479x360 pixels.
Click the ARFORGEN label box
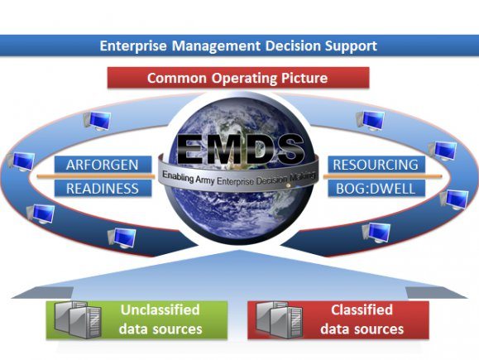pyautogui.click(x=103, y=165)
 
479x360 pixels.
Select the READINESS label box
pyautogui.click(x=103, y=188)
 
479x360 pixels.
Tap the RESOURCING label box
pyautogui.click(x=376, y=165)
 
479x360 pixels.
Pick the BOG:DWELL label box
pyautogui.click(x=376, y=188)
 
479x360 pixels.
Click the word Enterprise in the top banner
pyautogui.click(x=133, y=46)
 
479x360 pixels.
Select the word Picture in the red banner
pyautogui.click(x=304, y=78)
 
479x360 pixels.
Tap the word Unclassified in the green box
pyautogui.click(x=160, y=310)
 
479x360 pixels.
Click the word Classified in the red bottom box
pyautogui.click(x=362, y=310)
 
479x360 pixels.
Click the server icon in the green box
pyautogui.click(x=78, y=319)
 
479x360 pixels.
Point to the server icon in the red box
pyautogui.click(x=280, y=319)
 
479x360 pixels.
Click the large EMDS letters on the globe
pyautogui.click(x=241, y=150)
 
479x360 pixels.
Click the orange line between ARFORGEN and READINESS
pyautogui.click(x=96, y=176)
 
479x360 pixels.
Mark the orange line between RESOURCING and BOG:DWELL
pyautogui.click(x=383, y=176)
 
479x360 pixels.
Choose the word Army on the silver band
pyautogui.click(x=205, y=180)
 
